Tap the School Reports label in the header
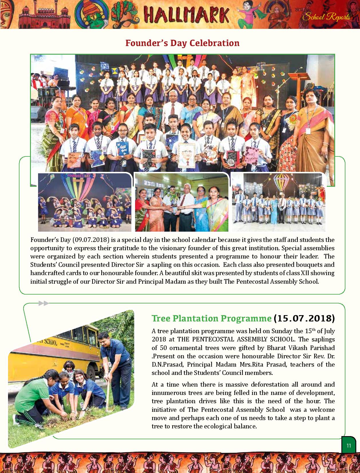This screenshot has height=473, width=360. [x=326, y=17]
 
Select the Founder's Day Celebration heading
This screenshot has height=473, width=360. [x=182, y=43]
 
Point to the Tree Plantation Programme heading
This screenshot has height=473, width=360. [x=211, y=318]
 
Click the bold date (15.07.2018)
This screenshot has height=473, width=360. [x=304, y=318]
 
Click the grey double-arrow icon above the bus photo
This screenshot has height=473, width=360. [x=43, y=303]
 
